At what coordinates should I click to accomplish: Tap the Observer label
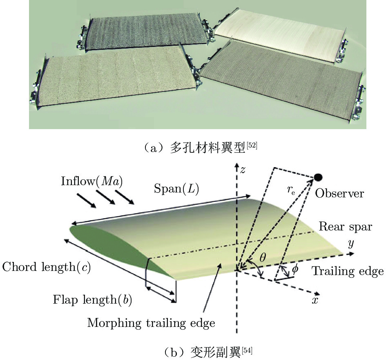pos(339,193)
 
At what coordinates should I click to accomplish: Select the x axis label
pos(315,300)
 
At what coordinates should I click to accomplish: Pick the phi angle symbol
pos(295,271)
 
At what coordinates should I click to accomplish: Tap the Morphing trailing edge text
pos(151,323)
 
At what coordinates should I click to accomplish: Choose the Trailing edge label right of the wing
pos(348,271)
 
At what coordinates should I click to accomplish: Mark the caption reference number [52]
pos(252,145)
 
